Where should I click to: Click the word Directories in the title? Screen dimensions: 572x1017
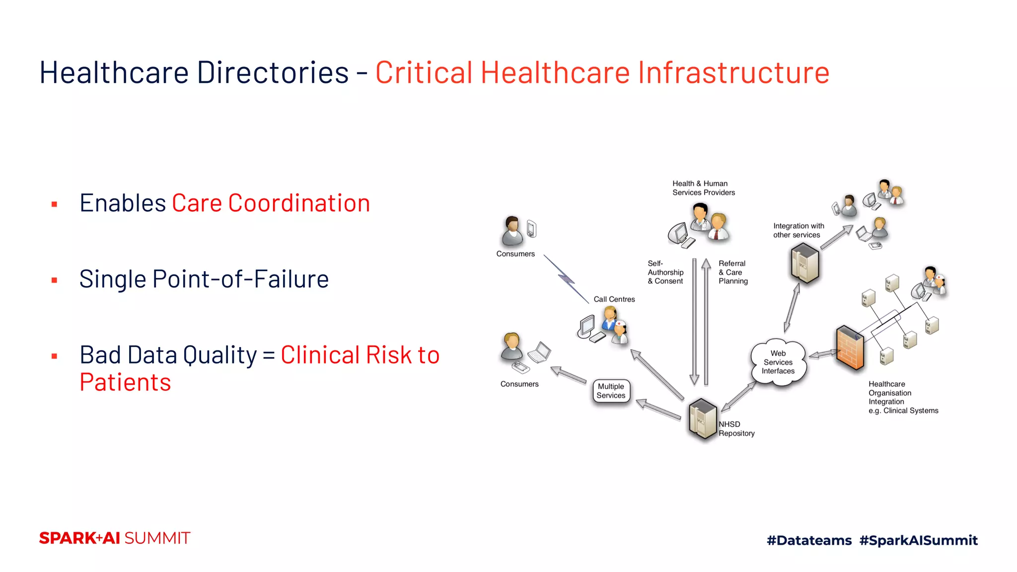tap(273, 72)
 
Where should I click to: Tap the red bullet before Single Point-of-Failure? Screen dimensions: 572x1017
tap(55, 281)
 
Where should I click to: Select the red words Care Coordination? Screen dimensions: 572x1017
tap(271, 203)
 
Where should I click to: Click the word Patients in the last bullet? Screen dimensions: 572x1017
tap(125, 382)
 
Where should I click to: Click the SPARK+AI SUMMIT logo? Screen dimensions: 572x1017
tap(115, 538)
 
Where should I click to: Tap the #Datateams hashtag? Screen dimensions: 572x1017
tap(809, 540)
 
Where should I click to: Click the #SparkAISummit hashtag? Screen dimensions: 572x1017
tap(918, 540)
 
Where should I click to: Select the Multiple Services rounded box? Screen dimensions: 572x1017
tap(611, 391)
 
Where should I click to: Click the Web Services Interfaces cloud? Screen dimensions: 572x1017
tap(778, 362)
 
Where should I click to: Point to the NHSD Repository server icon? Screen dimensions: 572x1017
tap(703, 419)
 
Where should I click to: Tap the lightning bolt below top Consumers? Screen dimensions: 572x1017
tap(566, 279)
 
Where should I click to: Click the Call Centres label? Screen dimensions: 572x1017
tap(614, 299)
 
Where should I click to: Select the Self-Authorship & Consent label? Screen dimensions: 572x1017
tap(665, 272)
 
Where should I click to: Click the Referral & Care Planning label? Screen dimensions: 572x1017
tap(733, 272)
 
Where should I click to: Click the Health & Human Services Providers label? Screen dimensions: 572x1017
tap(703, 188)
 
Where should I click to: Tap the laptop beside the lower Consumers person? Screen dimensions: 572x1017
tap(540, 352)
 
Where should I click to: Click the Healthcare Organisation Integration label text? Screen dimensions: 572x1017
tap(902, 397)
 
